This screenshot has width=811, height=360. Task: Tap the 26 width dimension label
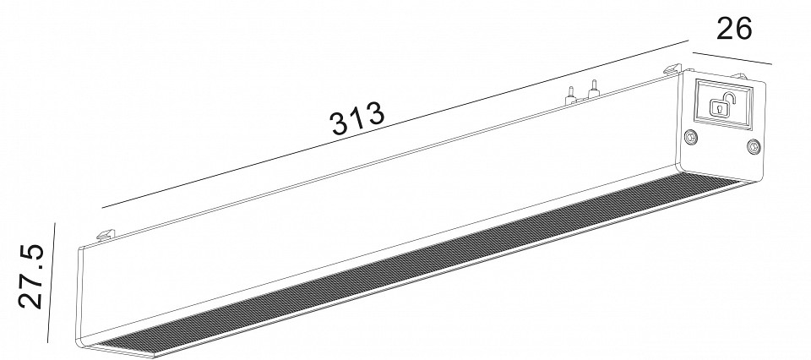[734, 29]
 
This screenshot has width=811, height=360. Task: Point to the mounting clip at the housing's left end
[107, 231]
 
